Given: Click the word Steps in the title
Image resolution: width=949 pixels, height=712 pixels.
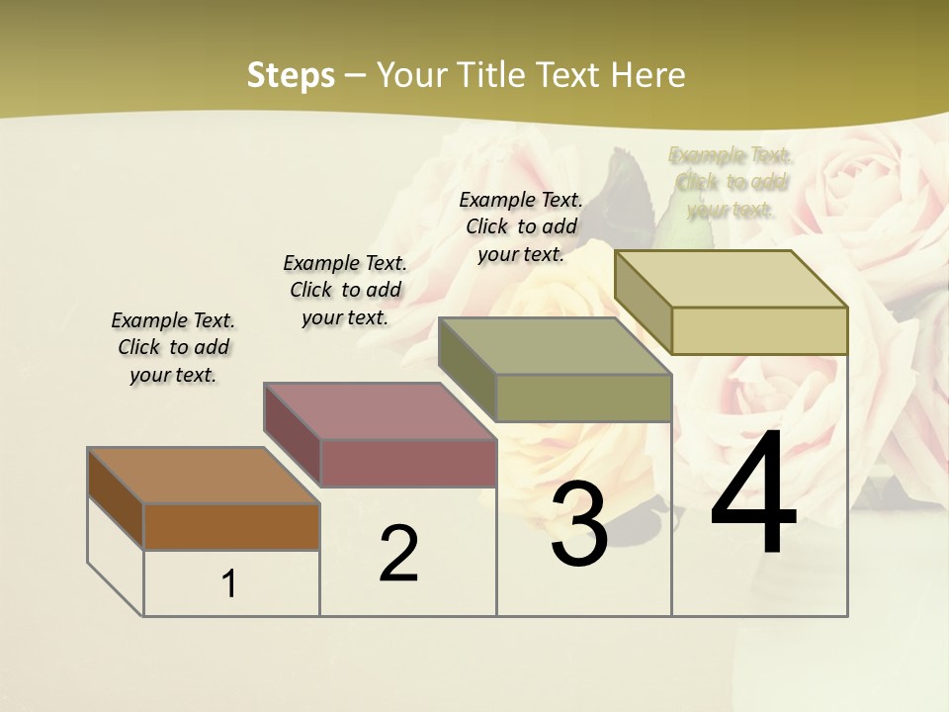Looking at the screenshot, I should (x=291, y=75).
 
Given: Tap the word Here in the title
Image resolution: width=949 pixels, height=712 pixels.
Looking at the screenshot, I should (x=647, y=75).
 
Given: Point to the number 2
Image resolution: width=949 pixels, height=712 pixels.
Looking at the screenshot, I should (x=398, y=554).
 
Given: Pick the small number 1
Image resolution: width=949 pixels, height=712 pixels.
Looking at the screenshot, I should (x=229, y=584).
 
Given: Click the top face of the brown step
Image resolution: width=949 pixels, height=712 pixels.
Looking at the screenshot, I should (x=203, y=476).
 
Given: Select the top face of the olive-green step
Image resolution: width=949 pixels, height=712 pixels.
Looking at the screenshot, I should (x=555, y=346).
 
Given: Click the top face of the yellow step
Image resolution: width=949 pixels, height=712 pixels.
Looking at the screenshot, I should (x=731, y=279).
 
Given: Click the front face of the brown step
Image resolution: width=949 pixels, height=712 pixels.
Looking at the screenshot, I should (x=231, y=526).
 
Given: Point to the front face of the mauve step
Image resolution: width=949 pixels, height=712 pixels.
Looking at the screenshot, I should (x=407, y=463).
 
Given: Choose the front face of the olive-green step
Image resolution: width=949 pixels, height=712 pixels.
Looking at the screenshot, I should (x=583, y=399).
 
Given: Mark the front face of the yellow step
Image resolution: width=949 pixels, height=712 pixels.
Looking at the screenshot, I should (x=759, y=330).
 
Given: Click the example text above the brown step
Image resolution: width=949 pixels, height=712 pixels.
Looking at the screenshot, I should (x=173, y=347).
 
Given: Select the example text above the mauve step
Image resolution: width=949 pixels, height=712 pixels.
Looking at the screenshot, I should (x=345, y=290).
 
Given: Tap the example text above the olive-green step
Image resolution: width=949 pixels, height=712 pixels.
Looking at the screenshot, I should (x=521, y=226).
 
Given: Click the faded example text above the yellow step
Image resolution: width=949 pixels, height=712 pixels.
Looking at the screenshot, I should (x=731, y=182).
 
